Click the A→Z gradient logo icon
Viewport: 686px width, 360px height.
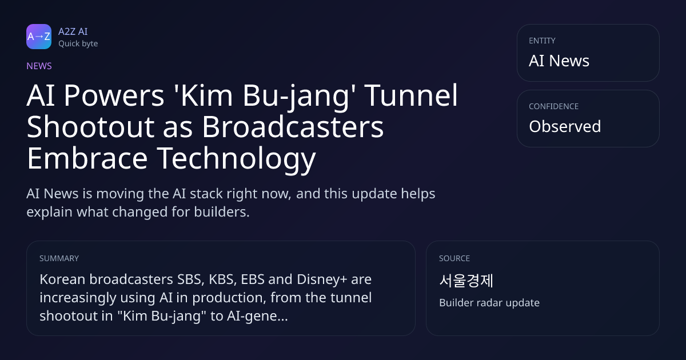pyautogui.click(x=39, y=37)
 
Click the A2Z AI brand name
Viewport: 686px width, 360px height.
pyautogui.click(x=73, y=31)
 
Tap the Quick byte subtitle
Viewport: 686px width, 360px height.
pyautogui.click(x=78, y=44)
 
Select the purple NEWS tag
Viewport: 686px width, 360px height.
pyautogui.click(x=39, y=66)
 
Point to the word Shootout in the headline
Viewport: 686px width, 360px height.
pyautogui.click(x=90, y=127)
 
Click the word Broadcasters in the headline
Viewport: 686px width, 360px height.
pyautogui.click(x=293, y=127)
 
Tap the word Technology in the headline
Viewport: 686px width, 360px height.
pyautogui.click(x=237, y=159)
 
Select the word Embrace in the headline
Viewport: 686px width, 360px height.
pyautogui.click(x=87, y=158)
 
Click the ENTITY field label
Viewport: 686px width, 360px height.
pyautogui.click(x=542, y=41)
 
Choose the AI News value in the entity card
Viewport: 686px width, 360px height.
pyautogui.click(x=559, y=61)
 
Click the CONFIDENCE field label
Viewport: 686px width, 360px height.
pyautogui.click(x=554, y=106)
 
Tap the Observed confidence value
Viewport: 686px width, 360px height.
pyautogui.click(x=565, y=126)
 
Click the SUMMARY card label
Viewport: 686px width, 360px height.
pyautogui.click(x=59, y=258)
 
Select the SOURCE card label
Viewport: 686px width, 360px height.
pyautogui.click(x=454, y=258)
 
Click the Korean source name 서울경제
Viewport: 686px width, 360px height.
pyautogui.click(x=466, y=281)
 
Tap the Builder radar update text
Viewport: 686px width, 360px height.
pyautogui.click(x=489, y=303)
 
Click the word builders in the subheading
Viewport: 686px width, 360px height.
pyautogui.click(x=222, y=212)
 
